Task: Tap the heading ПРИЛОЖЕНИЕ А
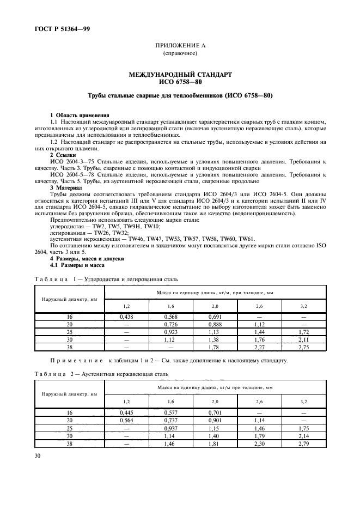(x=180, y=47)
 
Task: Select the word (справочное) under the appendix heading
(x=180, y=54)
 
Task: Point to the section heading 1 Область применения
(x=80, y=115)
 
